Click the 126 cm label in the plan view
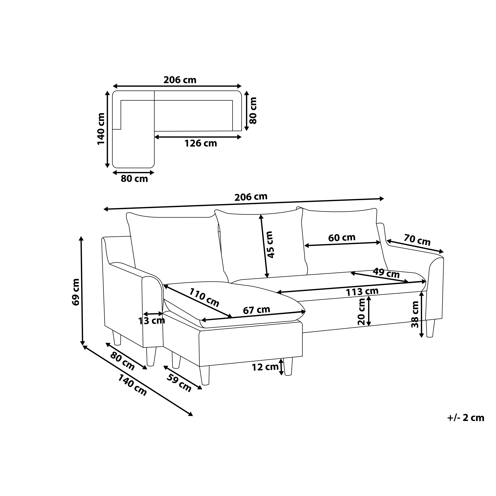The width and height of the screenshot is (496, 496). (201, 143)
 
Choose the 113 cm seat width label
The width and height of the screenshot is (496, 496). (362, 291)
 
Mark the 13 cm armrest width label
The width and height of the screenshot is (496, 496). (151, 321)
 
